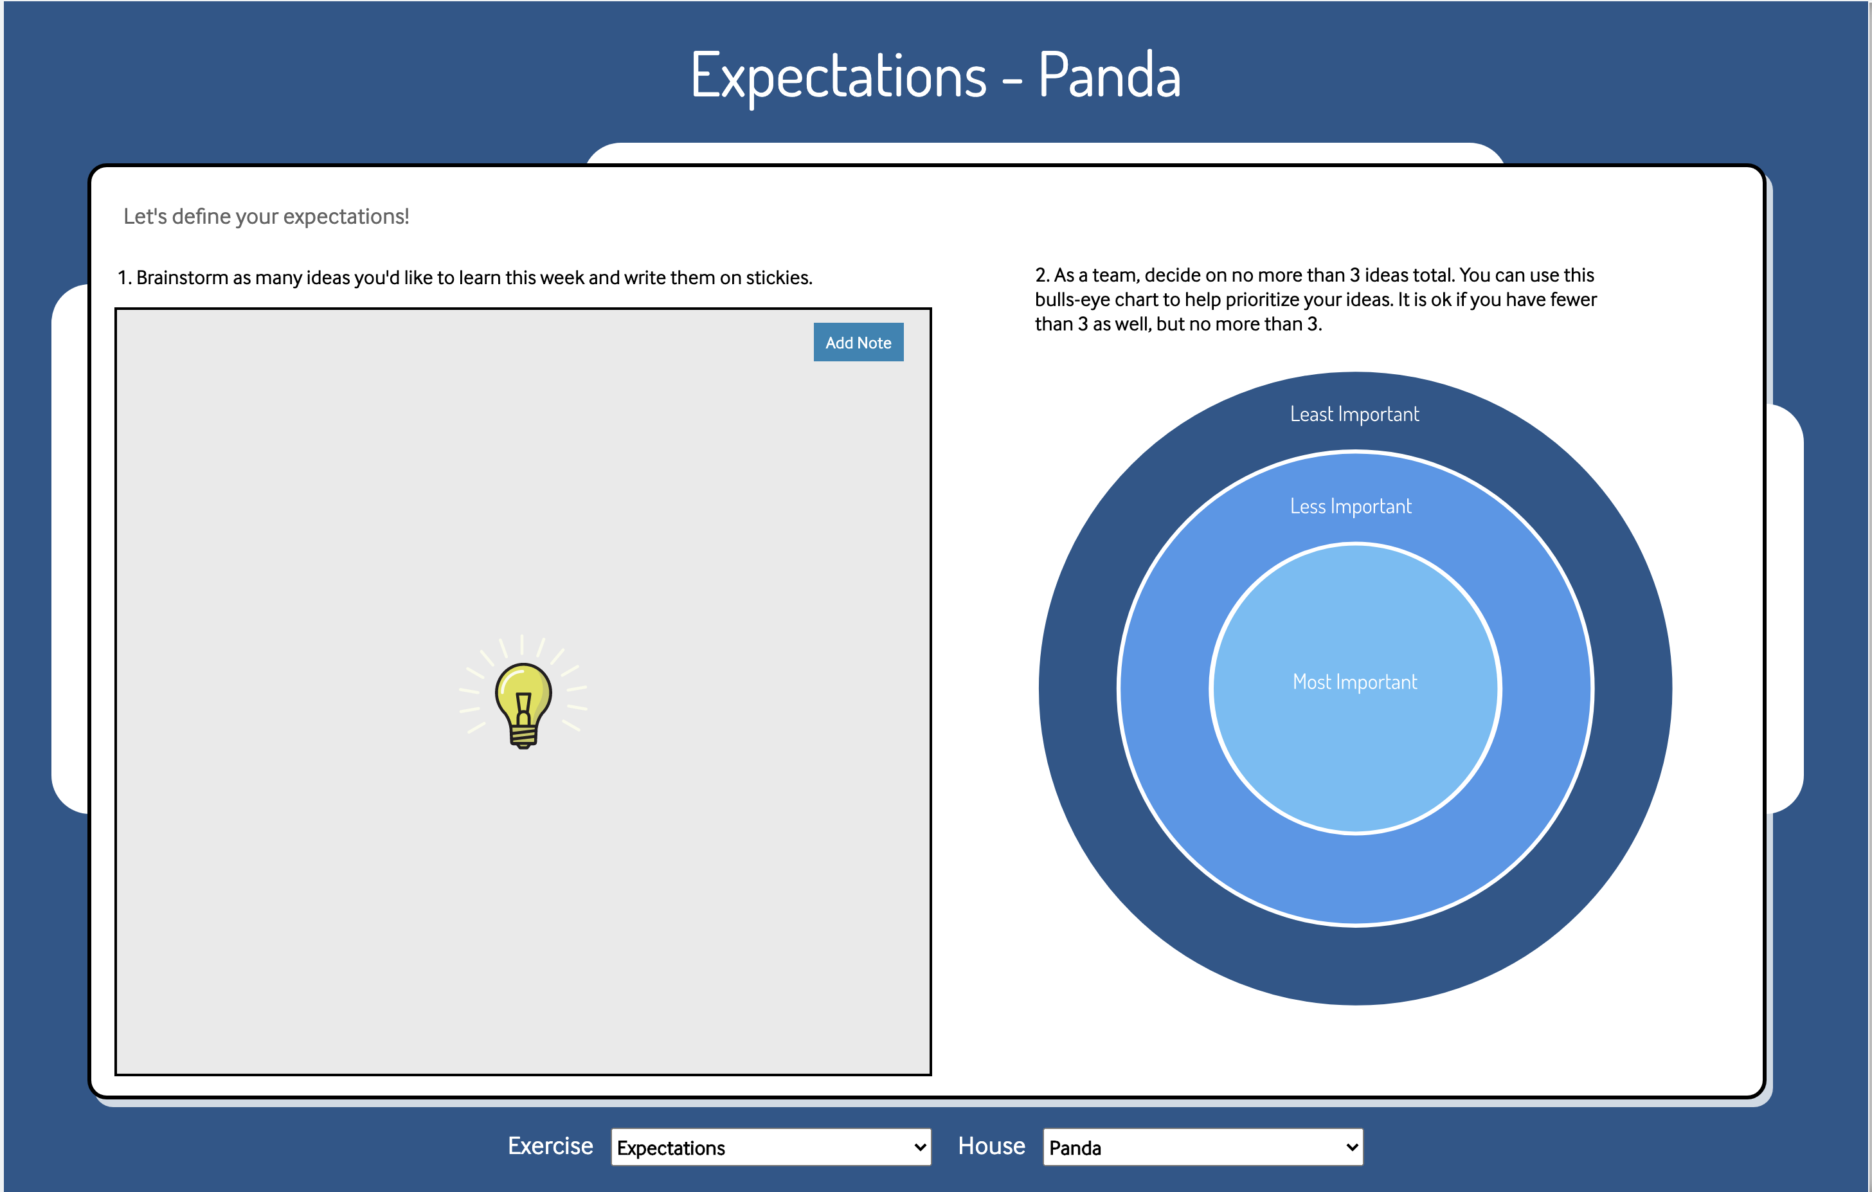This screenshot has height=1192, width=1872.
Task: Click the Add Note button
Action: pos(858,342)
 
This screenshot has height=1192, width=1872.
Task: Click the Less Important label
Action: pos(1351,506)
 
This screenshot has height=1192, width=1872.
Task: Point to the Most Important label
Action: pos(1354,682)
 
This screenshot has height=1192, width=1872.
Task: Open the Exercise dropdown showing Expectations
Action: pos(770,1147)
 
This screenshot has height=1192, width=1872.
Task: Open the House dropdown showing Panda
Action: pos(1203,1147)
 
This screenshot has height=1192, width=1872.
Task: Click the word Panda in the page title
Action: pos(1110,75)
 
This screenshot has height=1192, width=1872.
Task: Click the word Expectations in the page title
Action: pos(838,75)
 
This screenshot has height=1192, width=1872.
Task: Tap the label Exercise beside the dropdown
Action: pos(550,1146)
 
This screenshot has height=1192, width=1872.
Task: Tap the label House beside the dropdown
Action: pos(991,1146)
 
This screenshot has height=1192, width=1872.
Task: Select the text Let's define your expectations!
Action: pos(266,216)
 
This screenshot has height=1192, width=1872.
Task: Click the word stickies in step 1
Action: pos(779,278)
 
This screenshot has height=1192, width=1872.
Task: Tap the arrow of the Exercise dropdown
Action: pos(920,1148)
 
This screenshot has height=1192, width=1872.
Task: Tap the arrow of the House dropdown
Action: pos(1352,1148)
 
